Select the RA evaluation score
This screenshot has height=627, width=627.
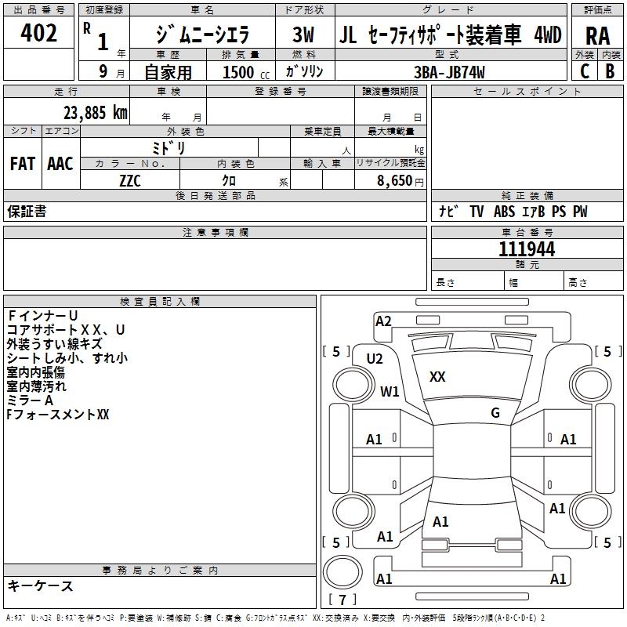(x=597, y=35)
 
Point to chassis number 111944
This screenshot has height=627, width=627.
(x=527, y=249)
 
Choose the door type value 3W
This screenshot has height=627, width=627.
(x=303, y=35)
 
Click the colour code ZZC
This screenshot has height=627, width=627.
(x=130, y=180)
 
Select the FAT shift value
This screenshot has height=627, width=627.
(x=23, y=164)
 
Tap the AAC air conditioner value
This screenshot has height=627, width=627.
(x=60, y=164)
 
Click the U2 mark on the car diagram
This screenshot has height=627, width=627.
(x=375, y=359)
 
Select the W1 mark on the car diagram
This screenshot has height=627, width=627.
(x=390, y=391)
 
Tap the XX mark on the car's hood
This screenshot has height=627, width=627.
(x=437, y=377)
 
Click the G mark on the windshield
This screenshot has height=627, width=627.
(x=495, y=413)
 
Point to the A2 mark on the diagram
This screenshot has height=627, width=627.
(x=383, y=321)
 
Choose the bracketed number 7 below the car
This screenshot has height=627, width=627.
(x=342, y=600)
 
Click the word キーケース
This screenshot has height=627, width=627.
(x=41, y=586)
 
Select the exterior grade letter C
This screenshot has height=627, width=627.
(x=584, y=71)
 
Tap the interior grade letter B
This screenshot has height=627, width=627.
(x=610, y=71)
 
